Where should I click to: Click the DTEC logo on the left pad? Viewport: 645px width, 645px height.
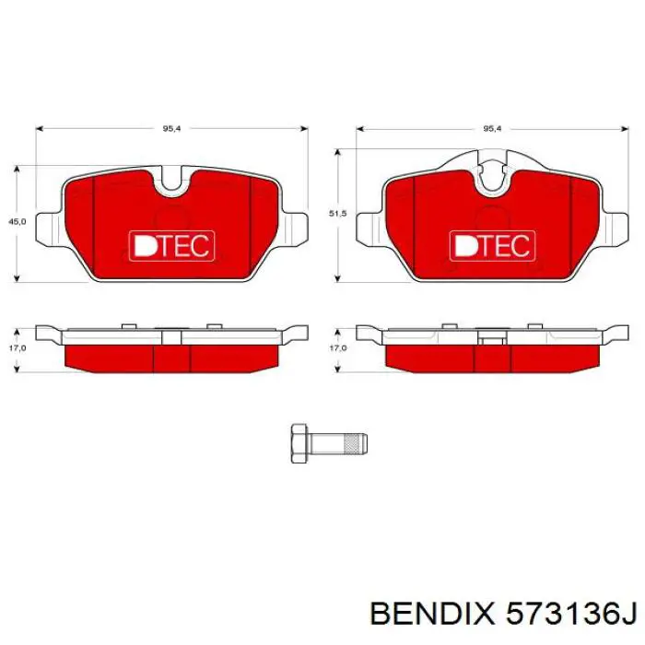(x=171, y=245)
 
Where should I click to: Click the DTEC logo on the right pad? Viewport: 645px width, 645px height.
(x=491, y=245)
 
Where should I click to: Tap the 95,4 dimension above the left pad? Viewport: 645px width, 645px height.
(x=170, y=129)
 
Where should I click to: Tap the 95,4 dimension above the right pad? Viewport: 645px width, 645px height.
(x=491, y=129)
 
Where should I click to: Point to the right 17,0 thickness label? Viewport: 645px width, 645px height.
(x=337, y=348)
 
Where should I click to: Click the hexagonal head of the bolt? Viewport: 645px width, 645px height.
(x=299, y=444)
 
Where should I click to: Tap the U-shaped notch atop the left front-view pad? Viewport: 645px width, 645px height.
(x=171, y=182)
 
